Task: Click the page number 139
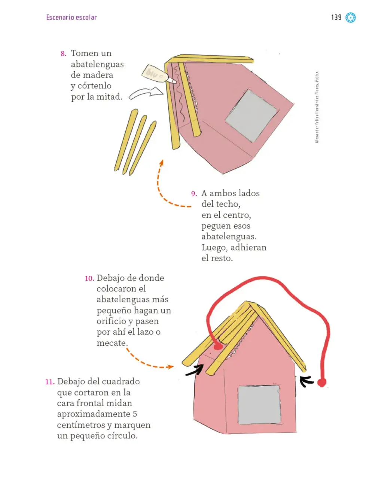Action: click(336, 17)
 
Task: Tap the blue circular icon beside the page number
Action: click(350, 18)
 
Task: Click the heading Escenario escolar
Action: click(71, 17)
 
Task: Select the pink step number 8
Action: click(63, 54)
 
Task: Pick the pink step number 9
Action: click(194, 194)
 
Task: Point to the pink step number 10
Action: click(89, 278)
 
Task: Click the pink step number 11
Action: click(50, 382)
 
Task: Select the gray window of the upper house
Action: click(251, 116)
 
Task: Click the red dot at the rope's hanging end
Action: click(321, 382)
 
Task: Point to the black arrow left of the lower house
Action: click(195, 370)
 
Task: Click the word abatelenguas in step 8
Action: click(97, 64)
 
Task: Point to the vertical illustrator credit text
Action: click(317, 107)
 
